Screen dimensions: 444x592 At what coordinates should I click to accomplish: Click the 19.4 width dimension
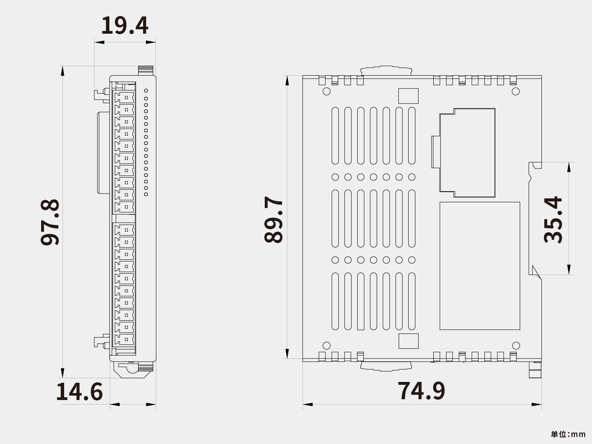[x=125, y=25]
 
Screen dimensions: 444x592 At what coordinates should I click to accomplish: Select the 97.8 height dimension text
[x=51, y=222]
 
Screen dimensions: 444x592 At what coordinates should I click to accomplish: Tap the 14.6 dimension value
[x=79, y=391]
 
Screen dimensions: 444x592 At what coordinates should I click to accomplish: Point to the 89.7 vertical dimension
[x=274, y=220]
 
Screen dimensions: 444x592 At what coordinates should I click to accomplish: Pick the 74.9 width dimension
[x=421, y=391]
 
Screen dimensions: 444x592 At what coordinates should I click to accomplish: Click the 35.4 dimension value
[x=553, y=219]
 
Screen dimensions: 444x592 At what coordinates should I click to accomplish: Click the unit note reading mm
[x=568, y=434]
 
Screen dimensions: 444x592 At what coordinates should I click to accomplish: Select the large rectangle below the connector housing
[x=479, y=266]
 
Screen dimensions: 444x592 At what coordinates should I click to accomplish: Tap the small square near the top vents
[x=408, y=96]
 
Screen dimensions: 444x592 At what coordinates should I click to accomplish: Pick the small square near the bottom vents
[x=408, y=341]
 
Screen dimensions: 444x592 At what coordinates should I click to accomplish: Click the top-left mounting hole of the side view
[x=326, y=91]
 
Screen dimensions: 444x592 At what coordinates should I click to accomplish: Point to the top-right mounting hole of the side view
[x=515, y=91]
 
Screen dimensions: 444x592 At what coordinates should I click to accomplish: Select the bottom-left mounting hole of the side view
[x=326, y=345]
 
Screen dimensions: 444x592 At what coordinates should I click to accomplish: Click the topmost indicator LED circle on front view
[x=146, y=90]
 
